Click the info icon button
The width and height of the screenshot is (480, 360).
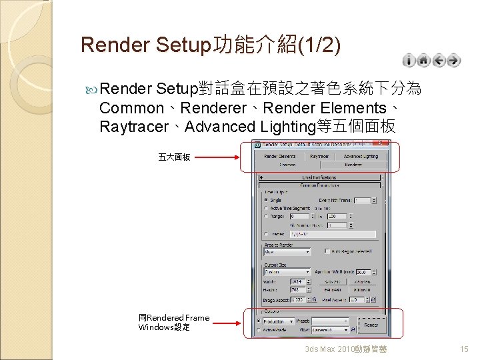point(409,61)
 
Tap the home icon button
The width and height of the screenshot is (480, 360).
point(423,61)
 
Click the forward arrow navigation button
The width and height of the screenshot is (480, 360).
point(453,61)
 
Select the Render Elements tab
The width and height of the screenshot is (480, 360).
point(279,156)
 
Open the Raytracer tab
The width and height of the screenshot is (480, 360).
point(319,156)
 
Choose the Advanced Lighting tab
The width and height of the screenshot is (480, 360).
point(361,156)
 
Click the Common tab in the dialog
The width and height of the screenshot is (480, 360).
point(287,164)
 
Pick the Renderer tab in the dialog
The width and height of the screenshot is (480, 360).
point(353,164)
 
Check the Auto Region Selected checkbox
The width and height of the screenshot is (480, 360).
point(327,251)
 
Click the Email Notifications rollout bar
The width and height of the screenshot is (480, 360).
point(319,177)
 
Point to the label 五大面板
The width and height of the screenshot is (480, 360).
point(174,157)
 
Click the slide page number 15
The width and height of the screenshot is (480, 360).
point(464,349)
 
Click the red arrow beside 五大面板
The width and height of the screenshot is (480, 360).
point(217,157)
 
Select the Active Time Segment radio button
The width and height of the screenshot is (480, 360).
point(267,208)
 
